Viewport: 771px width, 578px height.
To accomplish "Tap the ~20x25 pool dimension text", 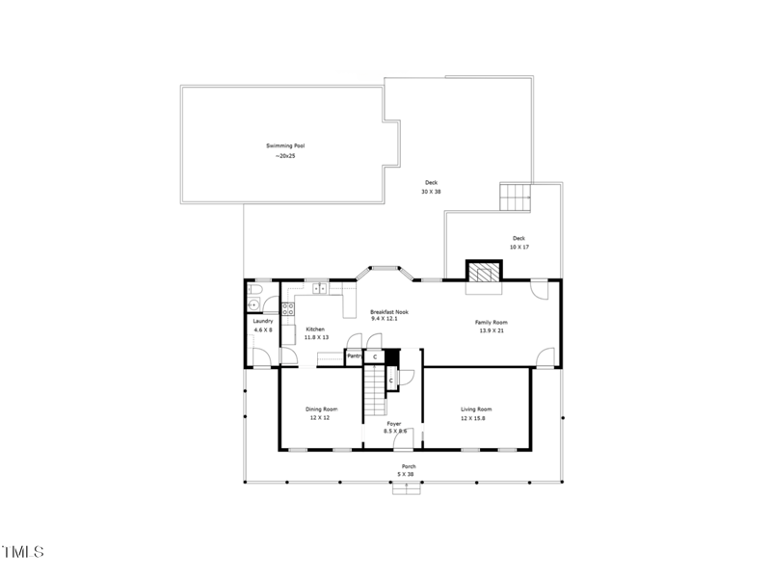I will [x=284, y=156].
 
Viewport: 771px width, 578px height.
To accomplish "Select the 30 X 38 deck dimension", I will [x=430, y=192].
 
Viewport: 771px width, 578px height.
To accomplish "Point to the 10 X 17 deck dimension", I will [x=518, y=248].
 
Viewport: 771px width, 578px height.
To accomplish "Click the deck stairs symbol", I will [x=515, y=197].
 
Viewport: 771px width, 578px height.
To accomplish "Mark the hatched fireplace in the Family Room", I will [x=482, y=271].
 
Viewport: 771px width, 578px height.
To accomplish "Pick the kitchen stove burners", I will [x=287, y=308].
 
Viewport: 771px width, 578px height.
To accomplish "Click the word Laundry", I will [x=263, y=321].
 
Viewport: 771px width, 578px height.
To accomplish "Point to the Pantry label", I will [x=354, y=355].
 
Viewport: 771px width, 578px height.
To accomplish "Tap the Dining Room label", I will [x=321, y=409].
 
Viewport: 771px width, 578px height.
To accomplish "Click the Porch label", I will [x=409, y=466].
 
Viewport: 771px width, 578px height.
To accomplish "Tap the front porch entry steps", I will [x=407, y=487].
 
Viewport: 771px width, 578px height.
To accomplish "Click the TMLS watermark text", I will [x=22, y=552].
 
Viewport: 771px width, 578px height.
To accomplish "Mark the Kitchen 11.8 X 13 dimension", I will [x=316, y=338].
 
